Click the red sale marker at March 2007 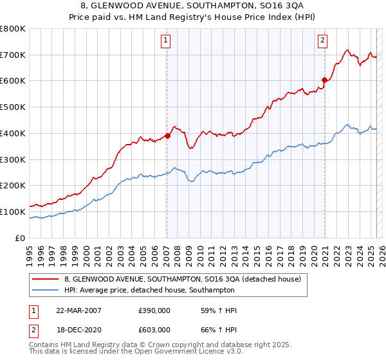coord(167,136)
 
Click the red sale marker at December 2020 coord(324,80)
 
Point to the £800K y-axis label coord(13,29)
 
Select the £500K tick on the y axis coord(13,107)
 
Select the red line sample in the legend coord(46,280)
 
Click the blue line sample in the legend coord(46,291)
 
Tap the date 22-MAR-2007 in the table coord(78,310)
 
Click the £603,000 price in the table coord(154,330)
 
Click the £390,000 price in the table coord(154,310)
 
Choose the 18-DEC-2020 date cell coord(78,330)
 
